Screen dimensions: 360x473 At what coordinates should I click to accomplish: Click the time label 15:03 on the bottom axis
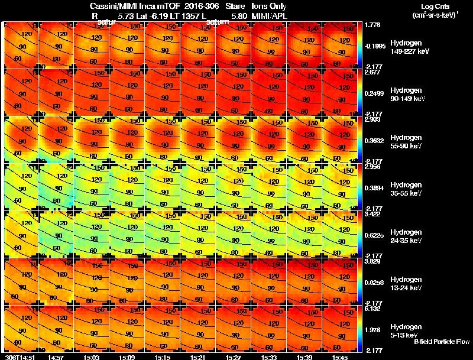pos(92,357)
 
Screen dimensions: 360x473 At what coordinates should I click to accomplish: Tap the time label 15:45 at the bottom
pos(340,357)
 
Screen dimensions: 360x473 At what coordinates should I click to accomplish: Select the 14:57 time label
pos(56,357)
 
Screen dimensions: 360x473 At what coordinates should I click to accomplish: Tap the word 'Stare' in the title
pos(235,6)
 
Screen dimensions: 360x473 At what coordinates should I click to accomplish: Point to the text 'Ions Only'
pos(269,6)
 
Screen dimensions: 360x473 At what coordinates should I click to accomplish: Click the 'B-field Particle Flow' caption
pos(442,342)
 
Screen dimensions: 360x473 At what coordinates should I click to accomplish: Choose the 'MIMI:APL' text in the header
pos(269,16)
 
